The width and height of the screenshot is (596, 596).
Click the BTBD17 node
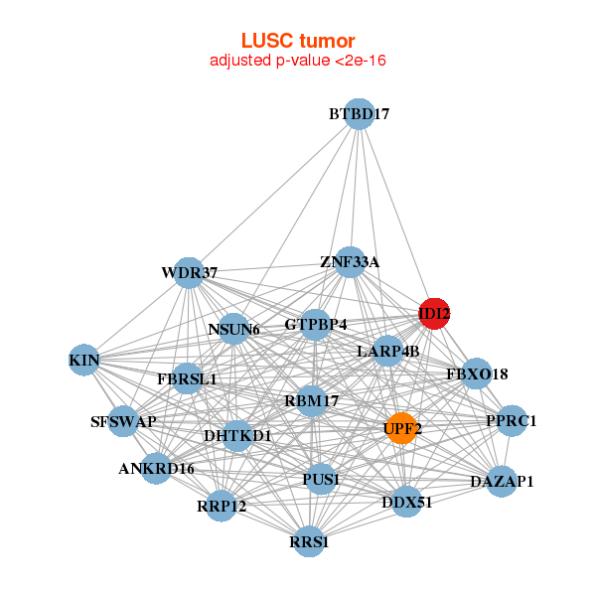tap(360, 114)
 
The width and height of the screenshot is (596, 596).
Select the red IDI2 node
tap(434, 314)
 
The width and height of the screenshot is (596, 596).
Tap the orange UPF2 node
tap(401, 428)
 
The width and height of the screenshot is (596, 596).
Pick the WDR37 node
tap(189, 272)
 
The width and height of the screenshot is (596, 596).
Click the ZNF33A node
tap(350, 262)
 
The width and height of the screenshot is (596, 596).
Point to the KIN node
tap(83, 360)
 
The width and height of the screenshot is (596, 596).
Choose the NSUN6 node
tap(233, 329)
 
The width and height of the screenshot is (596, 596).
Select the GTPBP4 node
tap(316, 324)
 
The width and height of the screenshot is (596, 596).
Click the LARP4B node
tap(387, 351)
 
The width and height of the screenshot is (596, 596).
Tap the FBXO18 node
tap(477, 374)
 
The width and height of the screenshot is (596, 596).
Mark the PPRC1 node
tap(512, 420)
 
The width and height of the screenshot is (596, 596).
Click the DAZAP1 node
tap(502, 482)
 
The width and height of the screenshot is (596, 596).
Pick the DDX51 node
tap(407, 502)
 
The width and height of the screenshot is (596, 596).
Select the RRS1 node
tap(309, 541)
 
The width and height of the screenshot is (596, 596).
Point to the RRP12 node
tap(222, 506)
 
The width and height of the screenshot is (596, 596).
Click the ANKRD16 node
tap(156, 468)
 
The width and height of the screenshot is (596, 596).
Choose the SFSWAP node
tap(123, 421)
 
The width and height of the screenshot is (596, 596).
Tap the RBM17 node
tap(312, 401)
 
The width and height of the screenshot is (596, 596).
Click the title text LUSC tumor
tap(298, 41)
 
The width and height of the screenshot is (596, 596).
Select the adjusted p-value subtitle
tap(298, 61)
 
